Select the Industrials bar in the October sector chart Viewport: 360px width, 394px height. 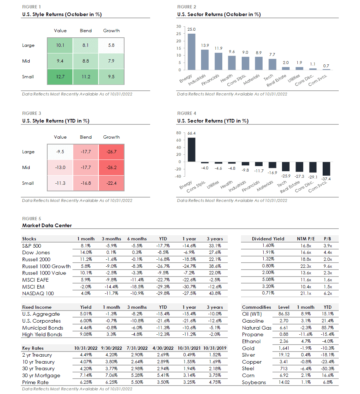(x=205, y=60)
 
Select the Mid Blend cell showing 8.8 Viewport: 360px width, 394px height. (x=86, y=61)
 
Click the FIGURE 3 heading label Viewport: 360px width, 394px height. (x=32, y=113)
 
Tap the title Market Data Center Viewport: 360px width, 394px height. (x=47, y=226)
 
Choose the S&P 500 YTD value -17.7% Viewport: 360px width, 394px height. (x=163, y=246)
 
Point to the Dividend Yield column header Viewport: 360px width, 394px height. (x=268, y=239)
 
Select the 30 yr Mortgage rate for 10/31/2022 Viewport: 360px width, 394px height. (x=85, y=375)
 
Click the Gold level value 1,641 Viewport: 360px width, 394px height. (x=284, y=348)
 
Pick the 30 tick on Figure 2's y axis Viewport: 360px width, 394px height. (x=178, y=27)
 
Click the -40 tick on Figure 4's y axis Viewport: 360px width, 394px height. (x=178, y=176)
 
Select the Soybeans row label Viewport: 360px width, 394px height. (x=254, y=382)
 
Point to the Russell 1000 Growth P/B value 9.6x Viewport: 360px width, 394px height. (x=328, y=266)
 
